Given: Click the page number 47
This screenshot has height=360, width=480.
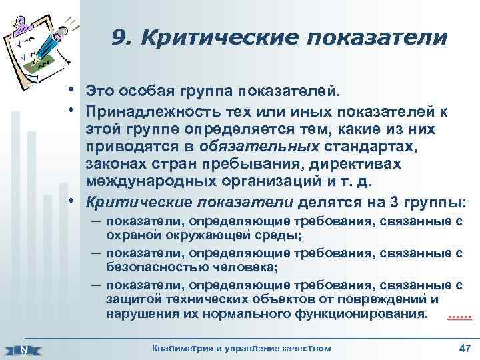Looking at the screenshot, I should coord(465,348).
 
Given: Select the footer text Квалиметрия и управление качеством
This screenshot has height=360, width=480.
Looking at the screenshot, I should coord(241,348).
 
